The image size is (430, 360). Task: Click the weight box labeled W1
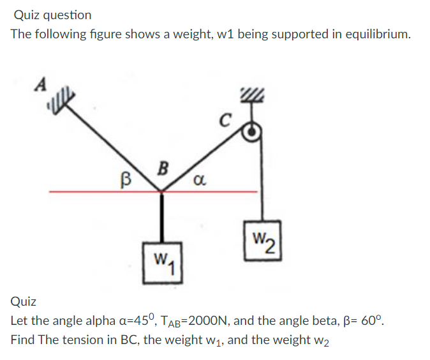[163, 262]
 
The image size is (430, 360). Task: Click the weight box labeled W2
[262, 240]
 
